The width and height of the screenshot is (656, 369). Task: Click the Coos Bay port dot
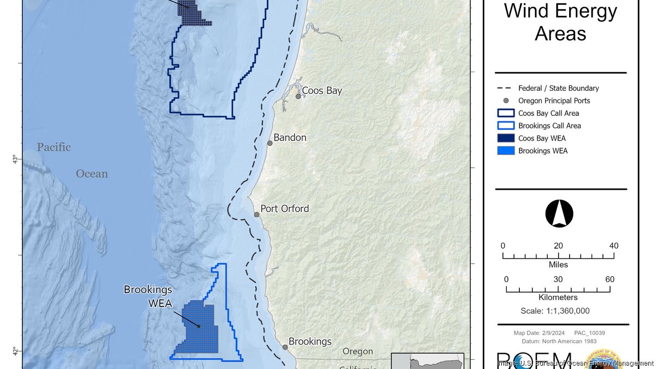298,96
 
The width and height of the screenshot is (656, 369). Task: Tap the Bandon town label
290,138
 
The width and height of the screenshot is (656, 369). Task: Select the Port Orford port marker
256,214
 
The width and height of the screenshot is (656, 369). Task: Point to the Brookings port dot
285,347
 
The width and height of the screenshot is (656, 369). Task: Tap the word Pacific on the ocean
54,147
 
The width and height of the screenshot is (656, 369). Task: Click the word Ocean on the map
92,174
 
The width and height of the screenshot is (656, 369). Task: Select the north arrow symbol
559,214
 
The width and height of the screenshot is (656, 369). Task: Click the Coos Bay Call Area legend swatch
506,113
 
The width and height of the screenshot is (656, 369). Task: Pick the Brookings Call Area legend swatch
506,126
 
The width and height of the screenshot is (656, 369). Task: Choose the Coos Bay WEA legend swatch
506,138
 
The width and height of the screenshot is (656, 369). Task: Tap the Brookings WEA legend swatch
506,151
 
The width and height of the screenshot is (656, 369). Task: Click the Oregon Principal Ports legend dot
506,101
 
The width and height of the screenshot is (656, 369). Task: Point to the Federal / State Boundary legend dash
506,88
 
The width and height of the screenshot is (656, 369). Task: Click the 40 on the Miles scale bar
614,246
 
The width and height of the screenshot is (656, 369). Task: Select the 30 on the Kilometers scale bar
559,279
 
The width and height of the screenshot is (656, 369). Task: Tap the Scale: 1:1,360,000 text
555,311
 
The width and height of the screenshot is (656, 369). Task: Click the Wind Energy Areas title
560,22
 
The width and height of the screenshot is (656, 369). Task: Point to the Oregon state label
358,352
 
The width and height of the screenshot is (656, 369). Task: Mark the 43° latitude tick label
15,160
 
